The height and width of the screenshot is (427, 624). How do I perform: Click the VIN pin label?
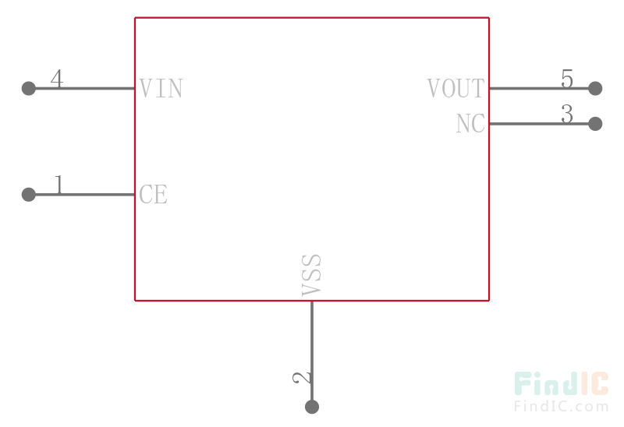tap(161, 88)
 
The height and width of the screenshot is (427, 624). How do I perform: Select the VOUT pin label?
tap(456, 88)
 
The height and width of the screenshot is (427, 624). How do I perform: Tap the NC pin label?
tap(470, 124)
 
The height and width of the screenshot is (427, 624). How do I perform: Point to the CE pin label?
tap(153, 195)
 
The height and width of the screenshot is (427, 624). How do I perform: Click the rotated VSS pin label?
tap(311, 275)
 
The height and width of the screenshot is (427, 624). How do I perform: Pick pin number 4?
tap(57, 79)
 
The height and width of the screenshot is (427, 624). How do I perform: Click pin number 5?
tap(567, 79)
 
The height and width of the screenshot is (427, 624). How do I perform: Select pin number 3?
tap(567, 114)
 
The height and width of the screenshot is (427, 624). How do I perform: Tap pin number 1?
tap(59, 185)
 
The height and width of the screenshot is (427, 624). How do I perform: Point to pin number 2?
tap(302, 378)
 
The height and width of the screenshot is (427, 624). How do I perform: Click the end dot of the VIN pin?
tap(29, 88)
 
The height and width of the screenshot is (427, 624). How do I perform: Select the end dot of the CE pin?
tap(29, 195)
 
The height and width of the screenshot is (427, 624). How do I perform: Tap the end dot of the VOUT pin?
tap(595, 88)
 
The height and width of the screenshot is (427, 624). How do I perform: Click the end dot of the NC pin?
tap(595, 124)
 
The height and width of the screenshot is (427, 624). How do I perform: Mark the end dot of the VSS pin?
tap(312, 407)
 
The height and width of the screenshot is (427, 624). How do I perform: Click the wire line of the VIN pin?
tap(82, 88)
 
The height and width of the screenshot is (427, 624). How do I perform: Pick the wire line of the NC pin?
tap(542, 124)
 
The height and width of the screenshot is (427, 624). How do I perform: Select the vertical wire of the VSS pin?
tap(312, 354)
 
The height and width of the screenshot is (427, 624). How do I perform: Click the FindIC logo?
tap(562, 383)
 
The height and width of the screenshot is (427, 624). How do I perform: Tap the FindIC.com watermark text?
tap(562, 406)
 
